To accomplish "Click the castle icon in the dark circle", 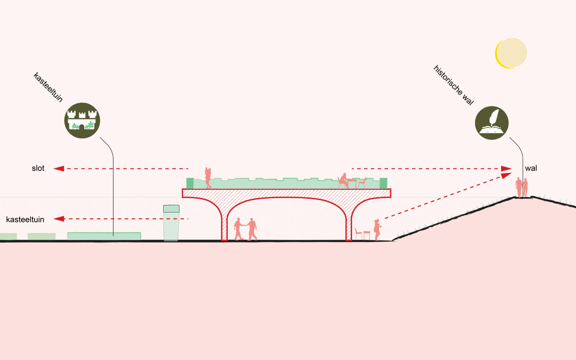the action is tap(82, 120).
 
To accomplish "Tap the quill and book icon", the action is tap(492, 123).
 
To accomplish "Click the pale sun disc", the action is tap(512, 53).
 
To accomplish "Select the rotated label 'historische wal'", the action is tap(453, 85).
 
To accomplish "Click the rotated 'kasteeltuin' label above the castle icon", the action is tap(48, 87).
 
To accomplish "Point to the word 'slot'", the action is tap(38, 168).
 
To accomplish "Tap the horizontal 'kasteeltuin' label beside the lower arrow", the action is tap(25, 219).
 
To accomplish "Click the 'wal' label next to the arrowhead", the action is tap(531, 168).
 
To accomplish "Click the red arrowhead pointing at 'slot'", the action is tap(59, 168).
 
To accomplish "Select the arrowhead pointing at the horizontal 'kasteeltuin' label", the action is tap(59, 219).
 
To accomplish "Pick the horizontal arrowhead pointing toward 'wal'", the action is tap(507, 168).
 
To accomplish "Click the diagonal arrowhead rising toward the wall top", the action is tap(506, 175).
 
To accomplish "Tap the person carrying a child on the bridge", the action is tap(208, 178).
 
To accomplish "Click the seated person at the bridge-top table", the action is tap(344, 181).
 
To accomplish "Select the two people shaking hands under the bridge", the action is tap(245, 229).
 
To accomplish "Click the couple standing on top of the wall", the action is tap(522, 187).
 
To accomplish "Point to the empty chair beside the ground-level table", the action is tap(358, 234).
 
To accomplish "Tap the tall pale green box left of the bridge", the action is tap(171, 223).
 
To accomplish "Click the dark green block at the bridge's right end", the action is tap(383, 183).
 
